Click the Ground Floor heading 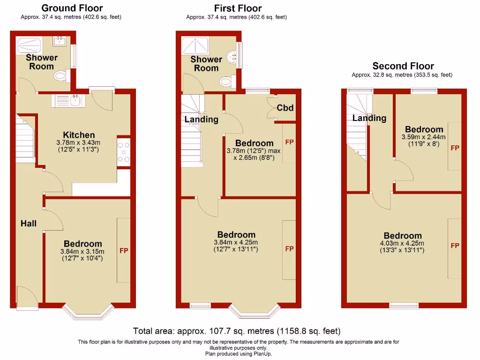pos(72,8)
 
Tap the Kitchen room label pos(79,135)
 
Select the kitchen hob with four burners pos(124,152)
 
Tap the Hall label pos(29,224)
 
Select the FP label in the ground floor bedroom pos(124,251)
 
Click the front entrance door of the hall pos(27,298)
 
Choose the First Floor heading pos(238,8)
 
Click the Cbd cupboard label pos(285,108)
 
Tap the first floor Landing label pos(201,120)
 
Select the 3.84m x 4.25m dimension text pos(236,242)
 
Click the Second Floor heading pos(403,66)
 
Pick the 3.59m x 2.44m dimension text pos(424,137)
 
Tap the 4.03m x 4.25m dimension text pos(403,243)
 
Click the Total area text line pos(237,331)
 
